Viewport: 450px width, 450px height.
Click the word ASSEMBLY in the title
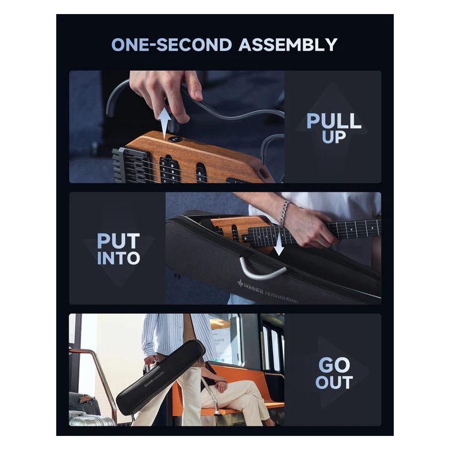[x=288, y=45]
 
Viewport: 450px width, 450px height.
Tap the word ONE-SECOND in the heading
[x=172, y=45]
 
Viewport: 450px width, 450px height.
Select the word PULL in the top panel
[x=334, y=121]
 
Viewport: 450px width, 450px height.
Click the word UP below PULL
[x=334, y=137]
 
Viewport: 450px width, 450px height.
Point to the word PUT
[x=118, y=241]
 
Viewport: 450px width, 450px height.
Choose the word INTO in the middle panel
[x=118, y=258]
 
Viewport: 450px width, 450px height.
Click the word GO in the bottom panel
[x=334, y=365]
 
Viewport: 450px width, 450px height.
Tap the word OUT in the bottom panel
[x=334, y=382]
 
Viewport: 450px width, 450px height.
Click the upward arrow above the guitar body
[x=164, y=123]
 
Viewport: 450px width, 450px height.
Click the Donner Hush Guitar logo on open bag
[x=267, y=292]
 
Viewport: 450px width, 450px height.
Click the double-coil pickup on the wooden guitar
[x=169, y=170]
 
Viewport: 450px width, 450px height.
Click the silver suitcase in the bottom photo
[x=91, y=419]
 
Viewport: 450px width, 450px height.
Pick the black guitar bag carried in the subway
[x=161, y=377]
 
